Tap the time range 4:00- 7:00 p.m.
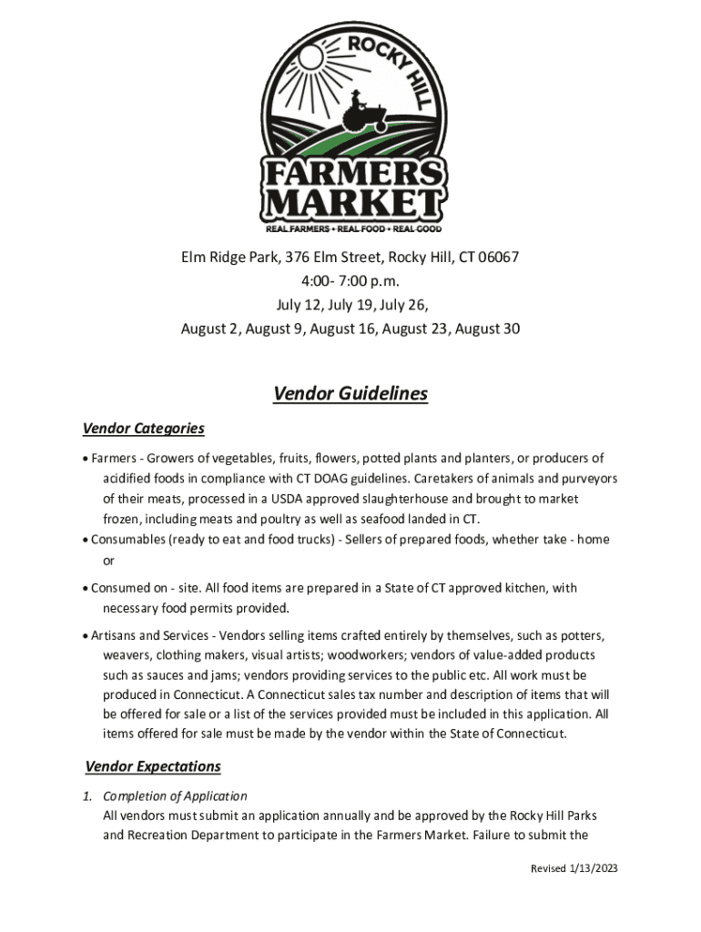(x=350, y=281)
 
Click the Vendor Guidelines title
(x=350, y=394)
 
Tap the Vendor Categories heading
(x=143, y=429)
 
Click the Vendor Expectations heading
(x=153, y=766)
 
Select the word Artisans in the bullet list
(x=116, y=635)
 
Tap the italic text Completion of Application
(x=175, y=796)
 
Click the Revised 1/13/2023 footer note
(x=574, y=869)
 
